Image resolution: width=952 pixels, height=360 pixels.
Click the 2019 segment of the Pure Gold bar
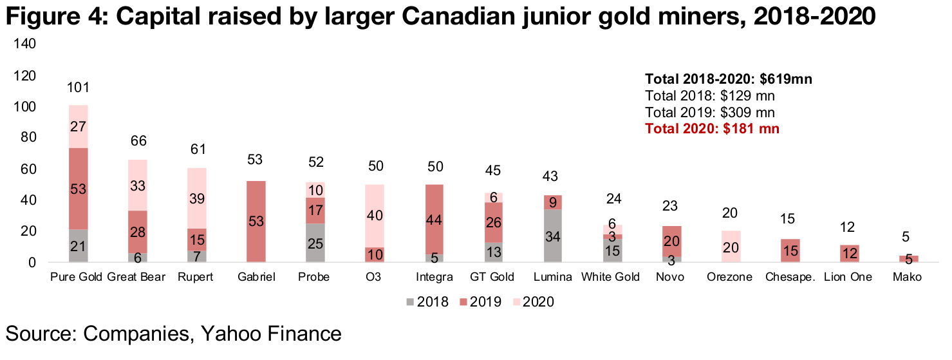coord(78,188)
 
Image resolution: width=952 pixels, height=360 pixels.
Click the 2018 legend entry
coord(428,302)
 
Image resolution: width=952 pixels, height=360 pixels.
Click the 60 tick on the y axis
coord(26,169)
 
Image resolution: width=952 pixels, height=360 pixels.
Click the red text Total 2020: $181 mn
coord(712,129)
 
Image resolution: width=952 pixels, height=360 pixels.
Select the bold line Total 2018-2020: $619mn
coord(728,80)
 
